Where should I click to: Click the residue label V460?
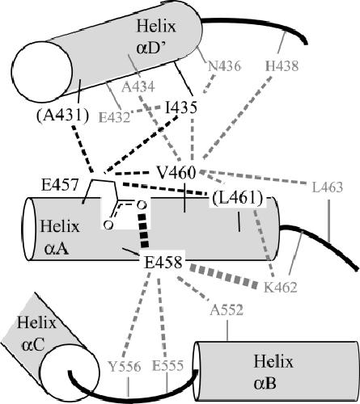click(176, 173)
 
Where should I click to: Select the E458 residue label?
click(163, 263)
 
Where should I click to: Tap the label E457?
click(60, 186)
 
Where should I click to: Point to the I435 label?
click(181, 107)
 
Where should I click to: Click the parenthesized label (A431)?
click(62, 116)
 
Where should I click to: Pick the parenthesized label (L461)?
click(238, 199)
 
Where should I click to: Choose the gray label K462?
click(281, 288)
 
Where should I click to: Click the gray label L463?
click(328, 187)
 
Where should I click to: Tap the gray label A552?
click(227, 309)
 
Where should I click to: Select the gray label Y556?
click(125, 366)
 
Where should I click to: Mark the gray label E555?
click(167, 366)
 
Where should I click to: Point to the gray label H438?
click(282, 65)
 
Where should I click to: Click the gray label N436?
click(224, 66)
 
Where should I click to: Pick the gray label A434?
click(138, 87)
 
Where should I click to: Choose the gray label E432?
click(115, 117)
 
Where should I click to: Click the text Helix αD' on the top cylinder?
click(156, 37)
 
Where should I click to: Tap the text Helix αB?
click(273, 372)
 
